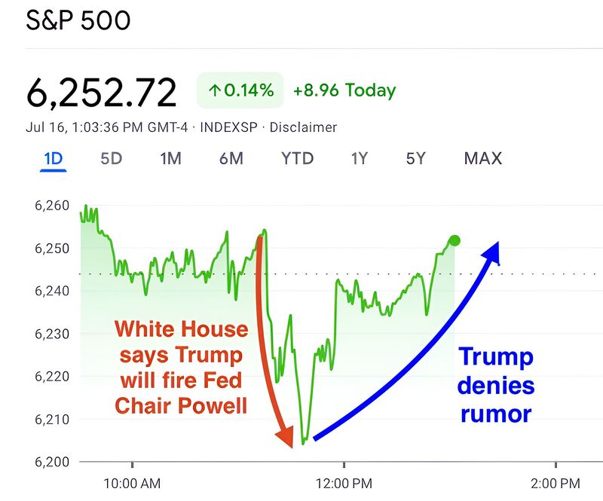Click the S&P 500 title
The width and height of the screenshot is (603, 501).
[78, 20]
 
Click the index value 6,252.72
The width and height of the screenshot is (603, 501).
[102, 92]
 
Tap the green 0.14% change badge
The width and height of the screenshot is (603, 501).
[240, 90]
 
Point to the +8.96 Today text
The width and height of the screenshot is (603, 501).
[344, 90]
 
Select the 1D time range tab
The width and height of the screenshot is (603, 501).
[54, 158]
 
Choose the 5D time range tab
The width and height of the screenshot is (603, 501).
[111, 158]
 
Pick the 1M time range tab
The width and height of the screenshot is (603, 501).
[171, 158]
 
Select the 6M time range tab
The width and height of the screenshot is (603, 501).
[231, 158]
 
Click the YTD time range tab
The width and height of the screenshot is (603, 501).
[297, 158]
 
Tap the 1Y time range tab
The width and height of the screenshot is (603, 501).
[360, 158]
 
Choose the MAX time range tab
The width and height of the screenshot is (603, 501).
[483, 158]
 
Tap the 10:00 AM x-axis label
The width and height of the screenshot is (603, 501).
[131, 483]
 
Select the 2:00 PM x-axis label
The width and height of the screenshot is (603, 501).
[555, 483]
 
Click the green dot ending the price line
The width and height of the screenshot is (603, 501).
[454, 241]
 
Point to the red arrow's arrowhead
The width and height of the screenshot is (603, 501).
[286, 436]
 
